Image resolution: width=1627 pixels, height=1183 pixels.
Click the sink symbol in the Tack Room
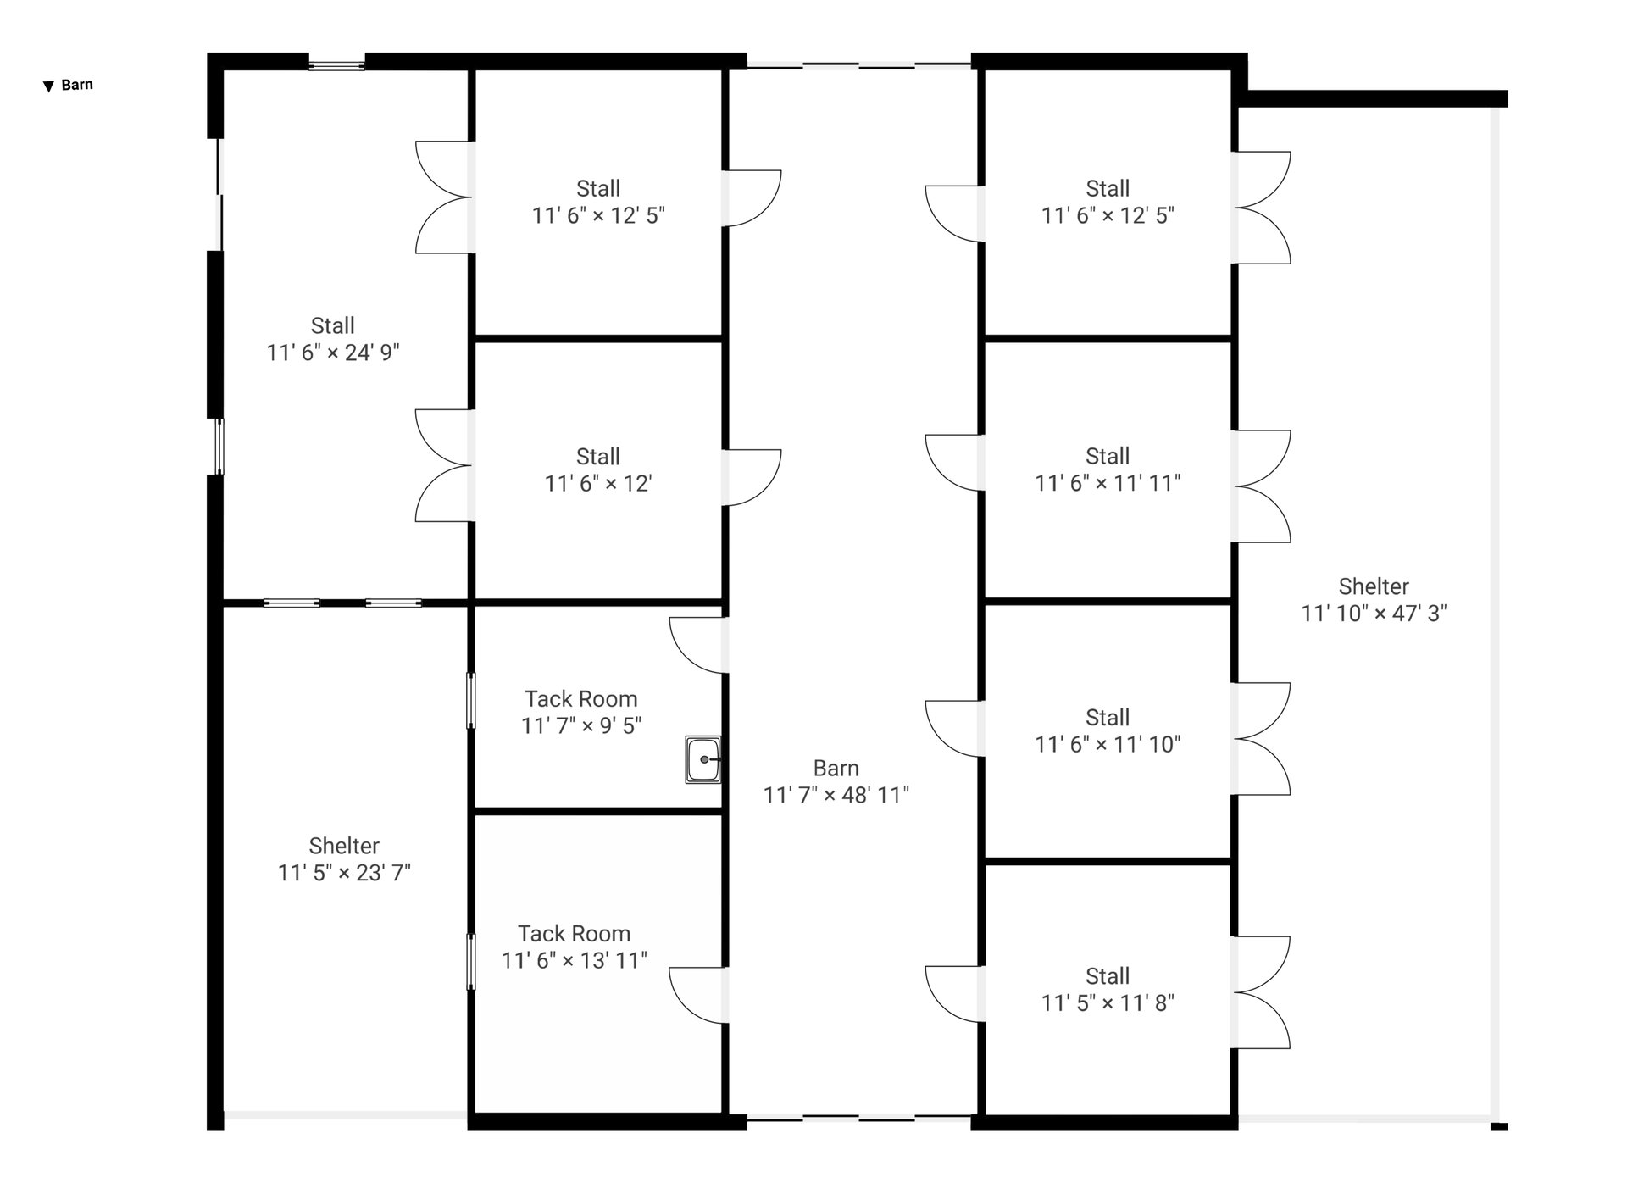(x=702, y=759)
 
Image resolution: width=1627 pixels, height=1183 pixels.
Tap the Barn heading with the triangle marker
(x=69, y=85)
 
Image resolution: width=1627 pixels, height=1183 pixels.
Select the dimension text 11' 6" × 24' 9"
(x=333, y=353)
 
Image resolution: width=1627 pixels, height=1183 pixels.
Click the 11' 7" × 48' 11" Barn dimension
(x=836, y=795)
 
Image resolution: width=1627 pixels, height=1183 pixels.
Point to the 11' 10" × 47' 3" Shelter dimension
(x=1374, y=613)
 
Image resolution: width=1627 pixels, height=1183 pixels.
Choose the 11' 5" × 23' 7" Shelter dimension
(x=344, y=872)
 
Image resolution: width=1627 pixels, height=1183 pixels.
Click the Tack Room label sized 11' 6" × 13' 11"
(x=575, y=933)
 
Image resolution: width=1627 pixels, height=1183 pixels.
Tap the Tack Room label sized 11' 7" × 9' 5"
(x=581, y=698)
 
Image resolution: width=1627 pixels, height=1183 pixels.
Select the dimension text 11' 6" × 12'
(x=598, y=483)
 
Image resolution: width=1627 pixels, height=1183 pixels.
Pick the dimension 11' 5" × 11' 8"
(x=1108, y=1002)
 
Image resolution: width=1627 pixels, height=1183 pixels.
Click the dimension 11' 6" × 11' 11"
(x=1108, y=483)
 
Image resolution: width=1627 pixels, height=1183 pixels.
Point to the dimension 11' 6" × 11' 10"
(x=1108, y=744)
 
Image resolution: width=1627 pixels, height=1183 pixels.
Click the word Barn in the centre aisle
(x=836, y=768)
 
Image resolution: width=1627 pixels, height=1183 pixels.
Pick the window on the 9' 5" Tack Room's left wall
(x=471, y=701)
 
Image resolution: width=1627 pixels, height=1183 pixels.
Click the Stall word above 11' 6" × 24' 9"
(x=333, y=325)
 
